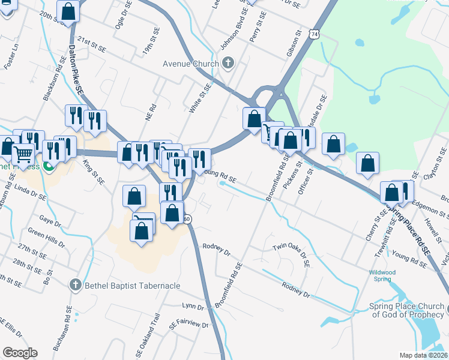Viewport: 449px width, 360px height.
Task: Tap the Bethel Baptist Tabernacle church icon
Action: (x=75, y=284)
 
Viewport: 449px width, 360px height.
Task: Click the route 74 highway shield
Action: (x=315, y=35)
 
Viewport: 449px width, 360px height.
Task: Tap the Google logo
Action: (x=20, y=353)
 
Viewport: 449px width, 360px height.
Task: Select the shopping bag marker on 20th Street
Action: (x=69, y=11)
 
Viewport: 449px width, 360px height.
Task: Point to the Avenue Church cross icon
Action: (x=228, y=63)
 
